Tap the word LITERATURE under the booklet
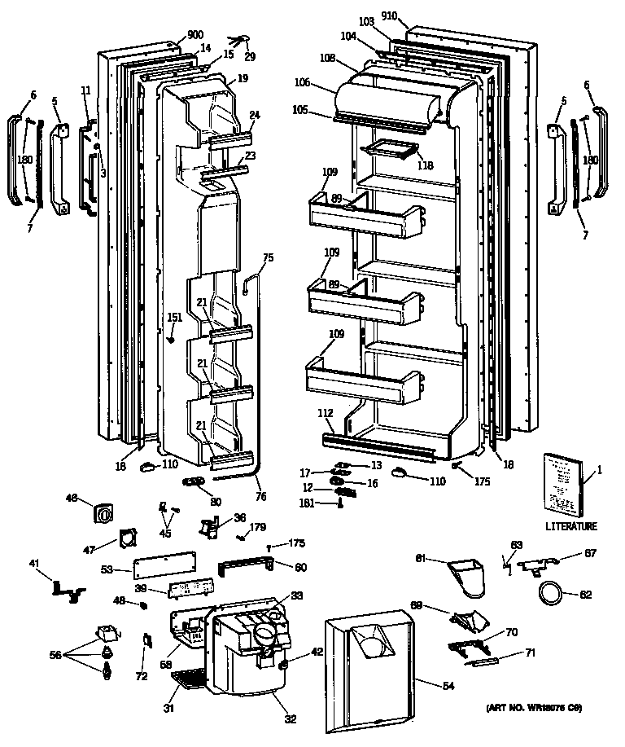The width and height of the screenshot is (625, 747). [570, 526]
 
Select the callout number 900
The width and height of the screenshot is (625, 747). [194, 34]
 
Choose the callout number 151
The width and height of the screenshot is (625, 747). [174, 318]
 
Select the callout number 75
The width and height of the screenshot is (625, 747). [268, 257]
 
